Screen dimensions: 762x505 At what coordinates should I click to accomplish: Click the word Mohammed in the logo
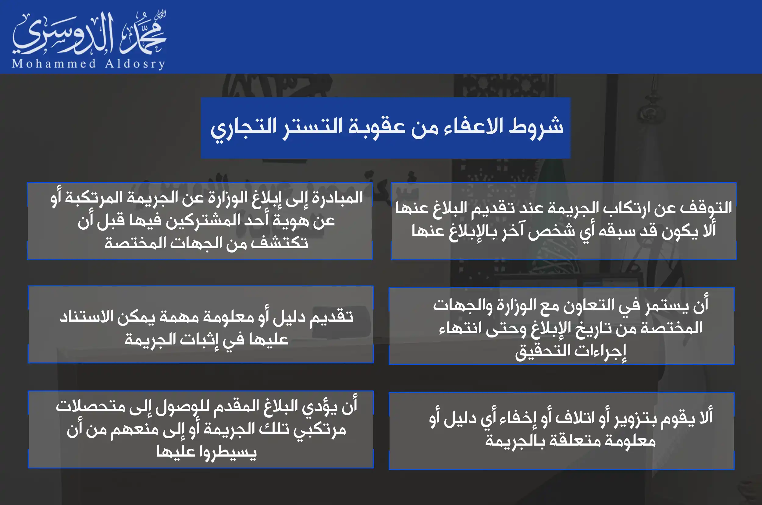(54, 63)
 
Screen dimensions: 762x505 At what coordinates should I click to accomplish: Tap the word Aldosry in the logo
(135, 64)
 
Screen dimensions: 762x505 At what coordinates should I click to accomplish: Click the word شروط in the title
(536, 125)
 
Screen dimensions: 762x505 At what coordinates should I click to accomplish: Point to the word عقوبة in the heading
(377, 127)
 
